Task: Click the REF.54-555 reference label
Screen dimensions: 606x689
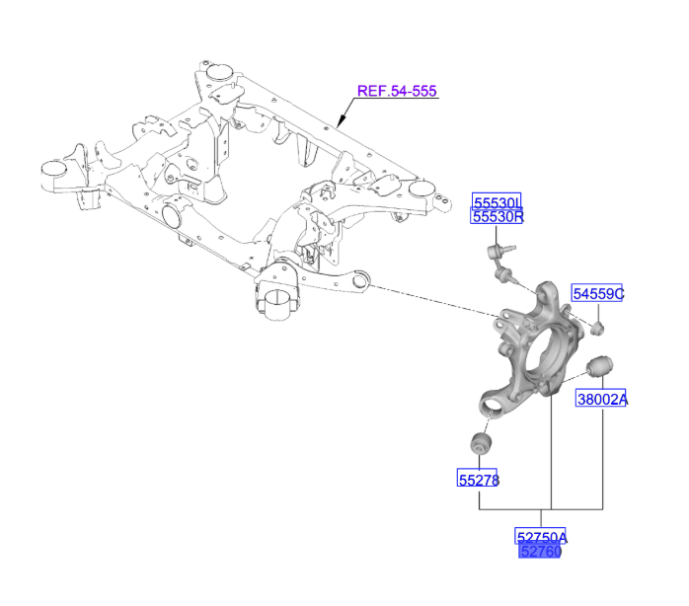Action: pyautogui.click(x=397, y=91)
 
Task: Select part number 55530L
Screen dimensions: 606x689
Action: pyautogui.click(x=496, y=201)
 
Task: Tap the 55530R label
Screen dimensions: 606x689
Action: pyautogui.click(x=496, y=216)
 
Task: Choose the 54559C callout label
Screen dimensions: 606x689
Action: pyautogui.click(x=599, y=294)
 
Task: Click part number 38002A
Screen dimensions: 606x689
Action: pyautogui.click(x=602, y=400)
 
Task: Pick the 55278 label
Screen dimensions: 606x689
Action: pyautogui.click(x=479, y=481)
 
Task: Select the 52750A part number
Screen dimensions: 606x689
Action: pyautogui.click(x=541, y=537)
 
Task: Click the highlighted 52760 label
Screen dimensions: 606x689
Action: pyautogui.click(x=540, y=552)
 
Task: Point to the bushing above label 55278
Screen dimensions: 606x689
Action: pyautogui.click(x=481, y=443)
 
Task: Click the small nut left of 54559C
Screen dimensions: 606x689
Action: pyautogui.click(x=598, y=327)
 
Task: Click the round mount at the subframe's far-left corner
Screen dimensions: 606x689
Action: pyautogui.click(x=52, y=169)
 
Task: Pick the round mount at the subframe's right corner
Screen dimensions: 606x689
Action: pyautogui.click(x=425, y=190)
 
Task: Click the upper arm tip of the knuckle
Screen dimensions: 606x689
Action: pyautogui.click(x=545, y=291)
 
